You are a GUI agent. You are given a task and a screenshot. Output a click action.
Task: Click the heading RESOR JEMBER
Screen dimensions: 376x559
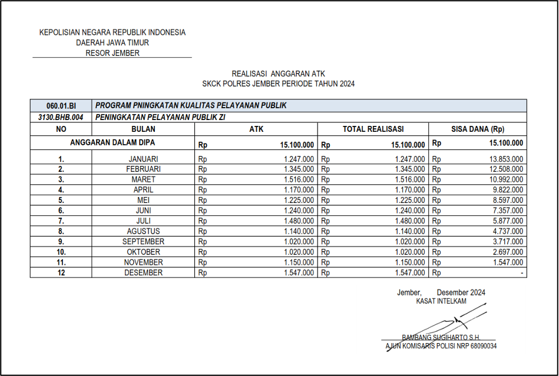[x=113, y=53]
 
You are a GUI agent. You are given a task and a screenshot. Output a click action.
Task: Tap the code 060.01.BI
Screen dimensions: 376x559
[x=61, y=106]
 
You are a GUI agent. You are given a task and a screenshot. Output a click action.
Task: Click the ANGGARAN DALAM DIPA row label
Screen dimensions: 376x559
[x=113, y=142]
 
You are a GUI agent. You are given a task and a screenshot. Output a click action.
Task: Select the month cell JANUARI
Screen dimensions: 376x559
[x=144, y=159]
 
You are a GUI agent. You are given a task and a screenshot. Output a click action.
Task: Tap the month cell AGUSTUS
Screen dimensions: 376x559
[x=144, y=231]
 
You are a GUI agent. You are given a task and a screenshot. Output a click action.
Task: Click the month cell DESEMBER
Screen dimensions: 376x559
[x=144, y=273]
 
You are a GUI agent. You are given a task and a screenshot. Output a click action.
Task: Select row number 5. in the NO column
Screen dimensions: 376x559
[x=61, y=200]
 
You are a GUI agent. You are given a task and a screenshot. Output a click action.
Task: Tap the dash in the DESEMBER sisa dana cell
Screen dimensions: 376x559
[x=521, y=273]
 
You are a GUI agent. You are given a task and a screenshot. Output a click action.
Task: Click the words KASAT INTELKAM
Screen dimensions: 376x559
[x=441, y=301]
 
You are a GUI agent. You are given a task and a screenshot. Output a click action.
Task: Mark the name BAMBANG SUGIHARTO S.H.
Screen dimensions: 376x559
[x=441, y=337]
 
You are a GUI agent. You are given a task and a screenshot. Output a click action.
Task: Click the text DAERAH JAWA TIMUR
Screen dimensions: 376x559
[x=113, y=43]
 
